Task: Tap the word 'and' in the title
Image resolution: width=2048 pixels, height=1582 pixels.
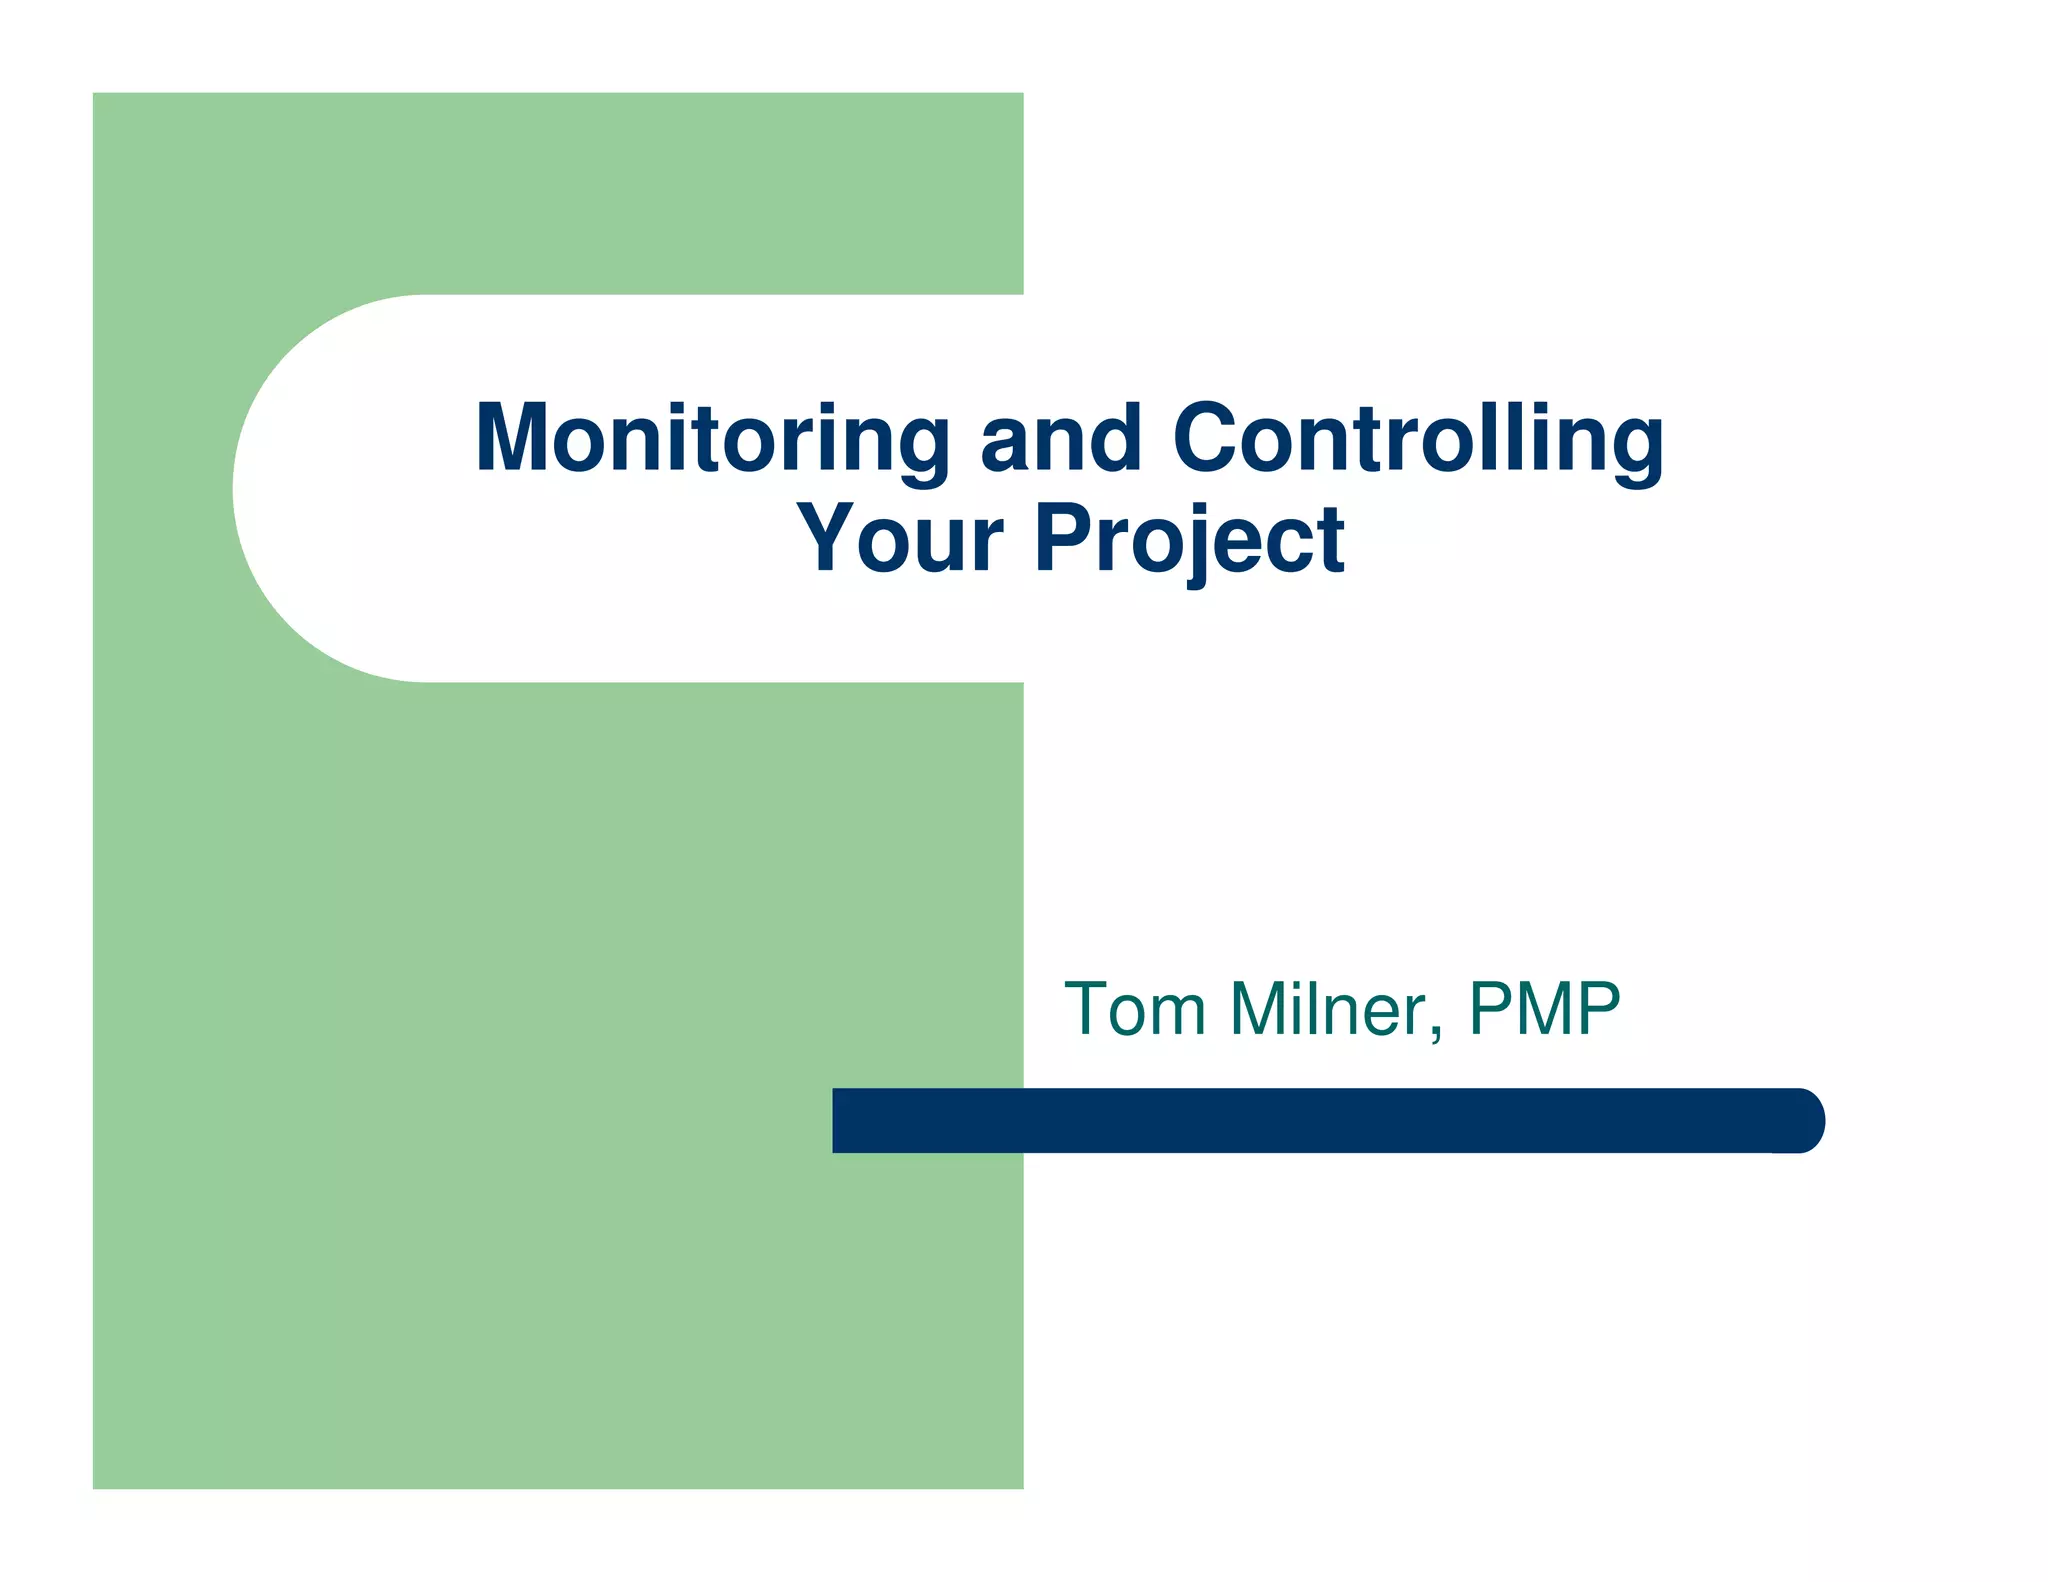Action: click(1061, 440)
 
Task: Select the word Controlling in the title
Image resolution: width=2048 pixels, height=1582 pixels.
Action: click(1418, 440)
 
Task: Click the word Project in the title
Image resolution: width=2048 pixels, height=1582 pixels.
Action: click(1190, 540)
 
